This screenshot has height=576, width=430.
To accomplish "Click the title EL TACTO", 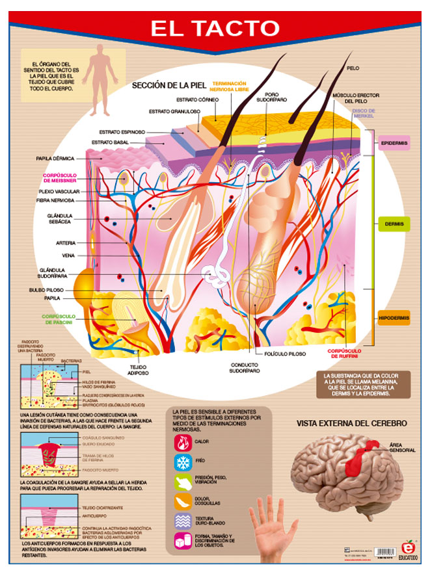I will point(215,29).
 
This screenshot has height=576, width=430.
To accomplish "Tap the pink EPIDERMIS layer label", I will point(394,142).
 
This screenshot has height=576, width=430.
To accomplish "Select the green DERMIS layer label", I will point(394,224).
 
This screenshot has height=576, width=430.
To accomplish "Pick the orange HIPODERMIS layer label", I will point(394,318).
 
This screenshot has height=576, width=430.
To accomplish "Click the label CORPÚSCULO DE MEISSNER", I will point(60,177).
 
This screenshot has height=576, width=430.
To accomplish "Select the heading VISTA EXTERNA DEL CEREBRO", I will point(351,423).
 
